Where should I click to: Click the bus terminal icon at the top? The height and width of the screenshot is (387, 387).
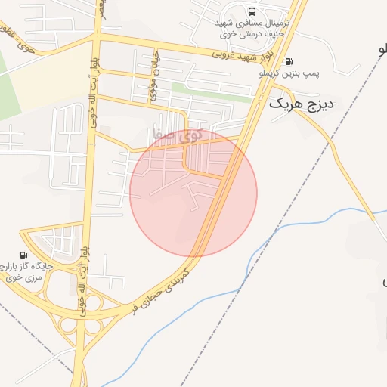coord(251,11)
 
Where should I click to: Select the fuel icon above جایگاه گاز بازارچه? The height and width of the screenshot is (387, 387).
coord(24,255)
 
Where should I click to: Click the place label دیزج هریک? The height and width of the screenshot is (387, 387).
coord(301,104)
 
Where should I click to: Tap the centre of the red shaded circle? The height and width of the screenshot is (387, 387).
coord(193,193)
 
